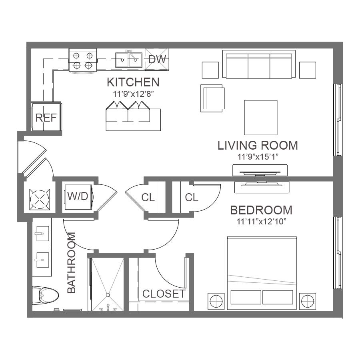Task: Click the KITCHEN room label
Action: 133,82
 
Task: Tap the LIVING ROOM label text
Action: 258,145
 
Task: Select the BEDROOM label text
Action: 261,210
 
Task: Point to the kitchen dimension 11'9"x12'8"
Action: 133,94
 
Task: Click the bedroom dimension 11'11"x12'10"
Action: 262,222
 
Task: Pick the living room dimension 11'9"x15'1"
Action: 258,157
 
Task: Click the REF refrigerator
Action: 46,117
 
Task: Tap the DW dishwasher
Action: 157,59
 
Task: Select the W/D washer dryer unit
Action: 78,197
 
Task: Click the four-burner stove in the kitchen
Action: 83,61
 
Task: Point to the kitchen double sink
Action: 129,60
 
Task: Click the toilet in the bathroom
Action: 45,295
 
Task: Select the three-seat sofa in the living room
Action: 259,64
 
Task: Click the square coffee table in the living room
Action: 261,118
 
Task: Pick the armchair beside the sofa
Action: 212,98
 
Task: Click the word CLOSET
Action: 164,294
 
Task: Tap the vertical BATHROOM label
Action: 72,263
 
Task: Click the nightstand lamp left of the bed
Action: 216,301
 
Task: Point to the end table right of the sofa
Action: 308,70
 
